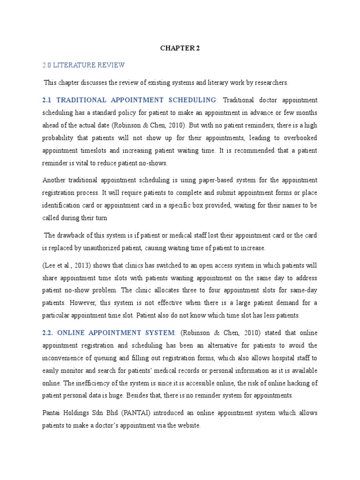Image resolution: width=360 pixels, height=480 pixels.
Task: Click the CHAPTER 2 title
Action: pos(180,48)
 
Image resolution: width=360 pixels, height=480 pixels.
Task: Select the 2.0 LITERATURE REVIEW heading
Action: pos(84,65)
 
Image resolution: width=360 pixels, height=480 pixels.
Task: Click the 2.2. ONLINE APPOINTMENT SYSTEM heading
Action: pos(109,333)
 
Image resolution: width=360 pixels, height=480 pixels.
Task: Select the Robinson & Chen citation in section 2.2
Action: pos(216,333)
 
